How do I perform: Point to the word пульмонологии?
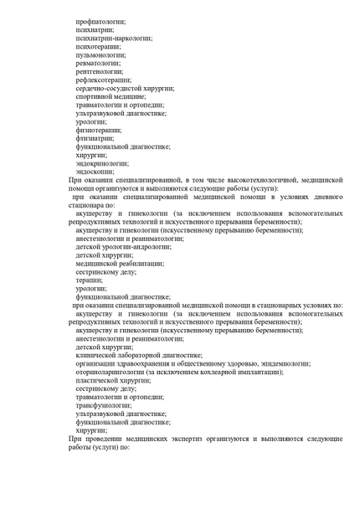pyautogui.click(x=100, y=56)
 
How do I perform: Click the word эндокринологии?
pyautogui.click(x=102, y=163)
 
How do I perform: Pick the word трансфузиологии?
pyautogui.click(x=105, y=404)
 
